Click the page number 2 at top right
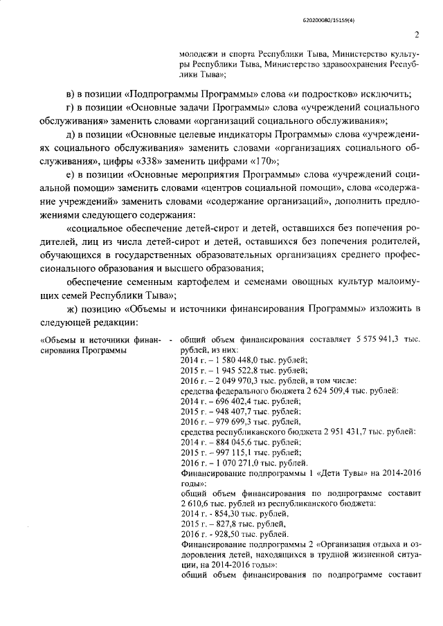point(417,35)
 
